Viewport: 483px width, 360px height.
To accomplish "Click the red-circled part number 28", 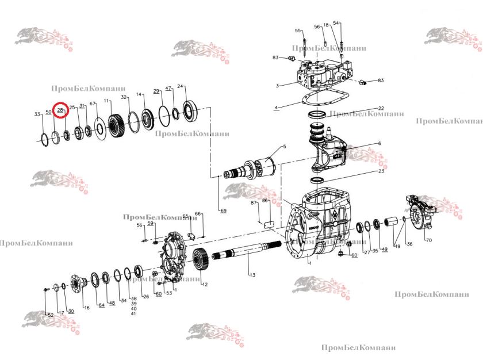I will click(x=60, y=109).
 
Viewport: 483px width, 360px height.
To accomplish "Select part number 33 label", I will click(x=37, y=114).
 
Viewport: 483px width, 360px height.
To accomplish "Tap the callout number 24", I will click(x=180, y=86).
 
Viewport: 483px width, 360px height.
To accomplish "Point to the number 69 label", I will click(x=223, y=211).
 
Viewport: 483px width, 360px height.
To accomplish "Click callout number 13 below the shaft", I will click(x=251, y=275).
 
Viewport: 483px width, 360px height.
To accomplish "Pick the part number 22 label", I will click(x=381, y=108).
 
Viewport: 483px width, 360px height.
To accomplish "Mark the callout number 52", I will click(x=51, y=315).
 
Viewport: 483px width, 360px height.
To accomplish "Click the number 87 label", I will click(x=253, y=203).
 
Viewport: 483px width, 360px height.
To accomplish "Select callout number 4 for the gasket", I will click(x=276, y=108).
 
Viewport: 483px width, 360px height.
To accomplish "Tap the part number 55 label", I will click(x=298, y=30).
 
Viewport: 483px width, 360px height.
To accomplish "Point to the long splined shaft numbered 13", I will click(x=247, y=252).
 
